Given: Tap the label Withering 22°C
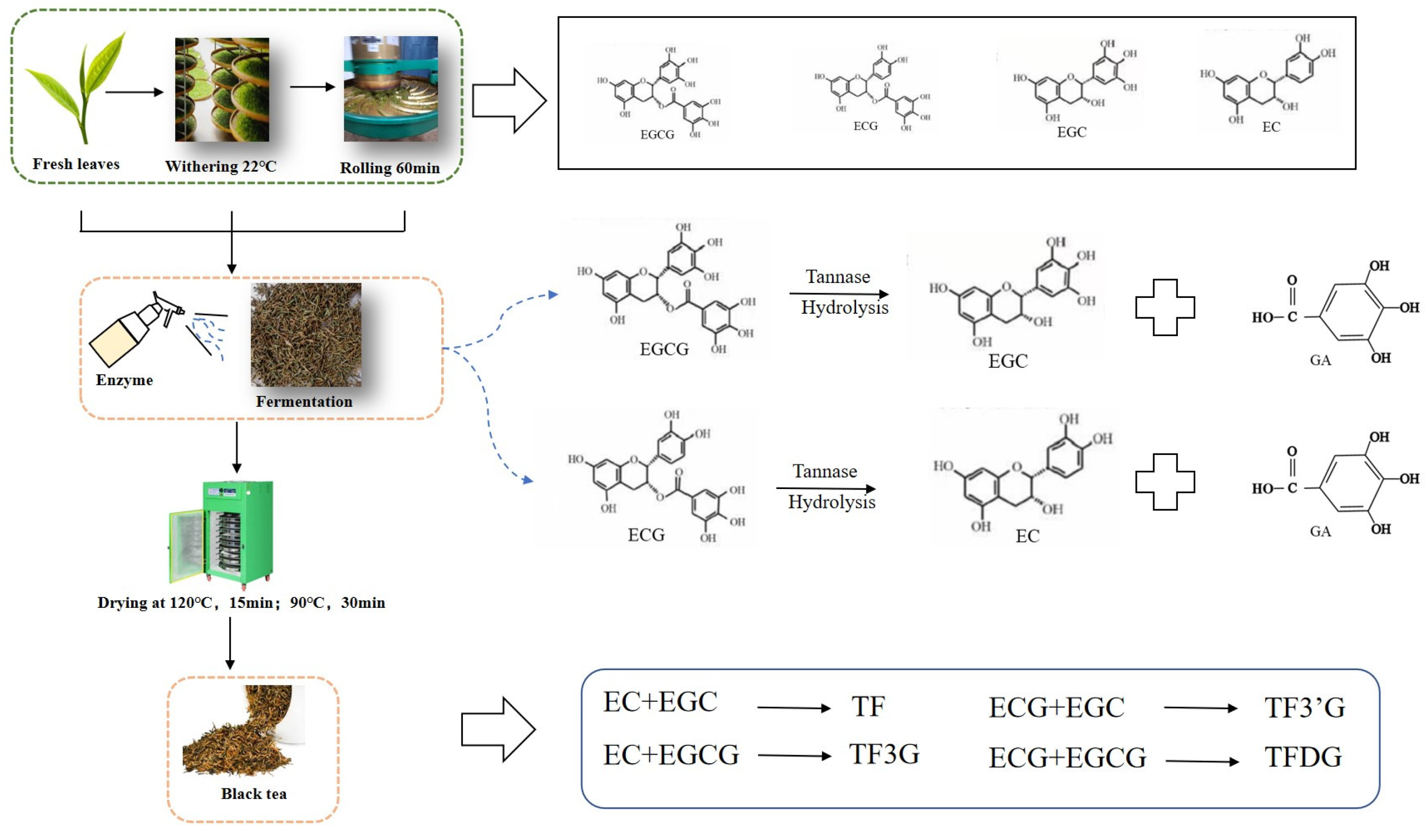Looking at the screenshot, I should (221, 166).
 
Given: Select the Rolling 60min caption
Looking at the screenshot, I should (390, 168).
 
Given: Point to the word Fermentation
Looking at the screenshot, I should (304, 401).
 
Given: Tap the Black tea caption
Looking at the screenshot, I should (254, 794).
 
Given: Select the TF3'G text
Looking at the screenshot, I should (1305, 708).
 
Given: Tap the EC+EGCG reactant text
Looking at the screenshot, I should (671, 755).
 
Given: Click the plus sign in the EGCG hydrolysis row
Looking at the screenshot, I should (1165, 307).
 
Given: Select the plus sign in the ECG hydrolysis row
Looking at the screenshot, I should (1165, 482).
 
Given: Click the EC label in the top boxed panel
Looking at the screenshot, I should (1271, 127).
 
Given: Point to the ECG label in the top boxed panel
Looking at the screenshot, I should (865, 126).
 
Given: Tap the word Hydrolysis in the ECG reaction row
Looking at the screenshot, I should (831, 502).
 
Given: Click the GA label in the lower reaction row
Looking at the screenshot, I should (1320, 531).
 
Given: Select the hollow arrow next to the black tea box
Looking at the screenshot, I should (498, 729).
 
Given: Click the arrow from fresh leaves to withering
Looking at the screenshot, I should (134, 92).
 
